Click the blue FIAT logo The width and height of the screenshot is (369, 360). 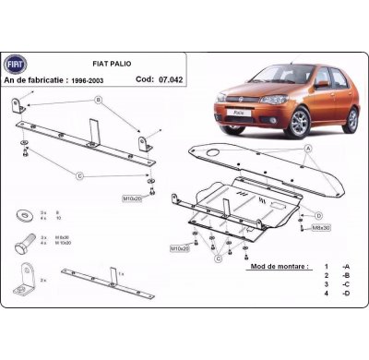click(x=17, y=63)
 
